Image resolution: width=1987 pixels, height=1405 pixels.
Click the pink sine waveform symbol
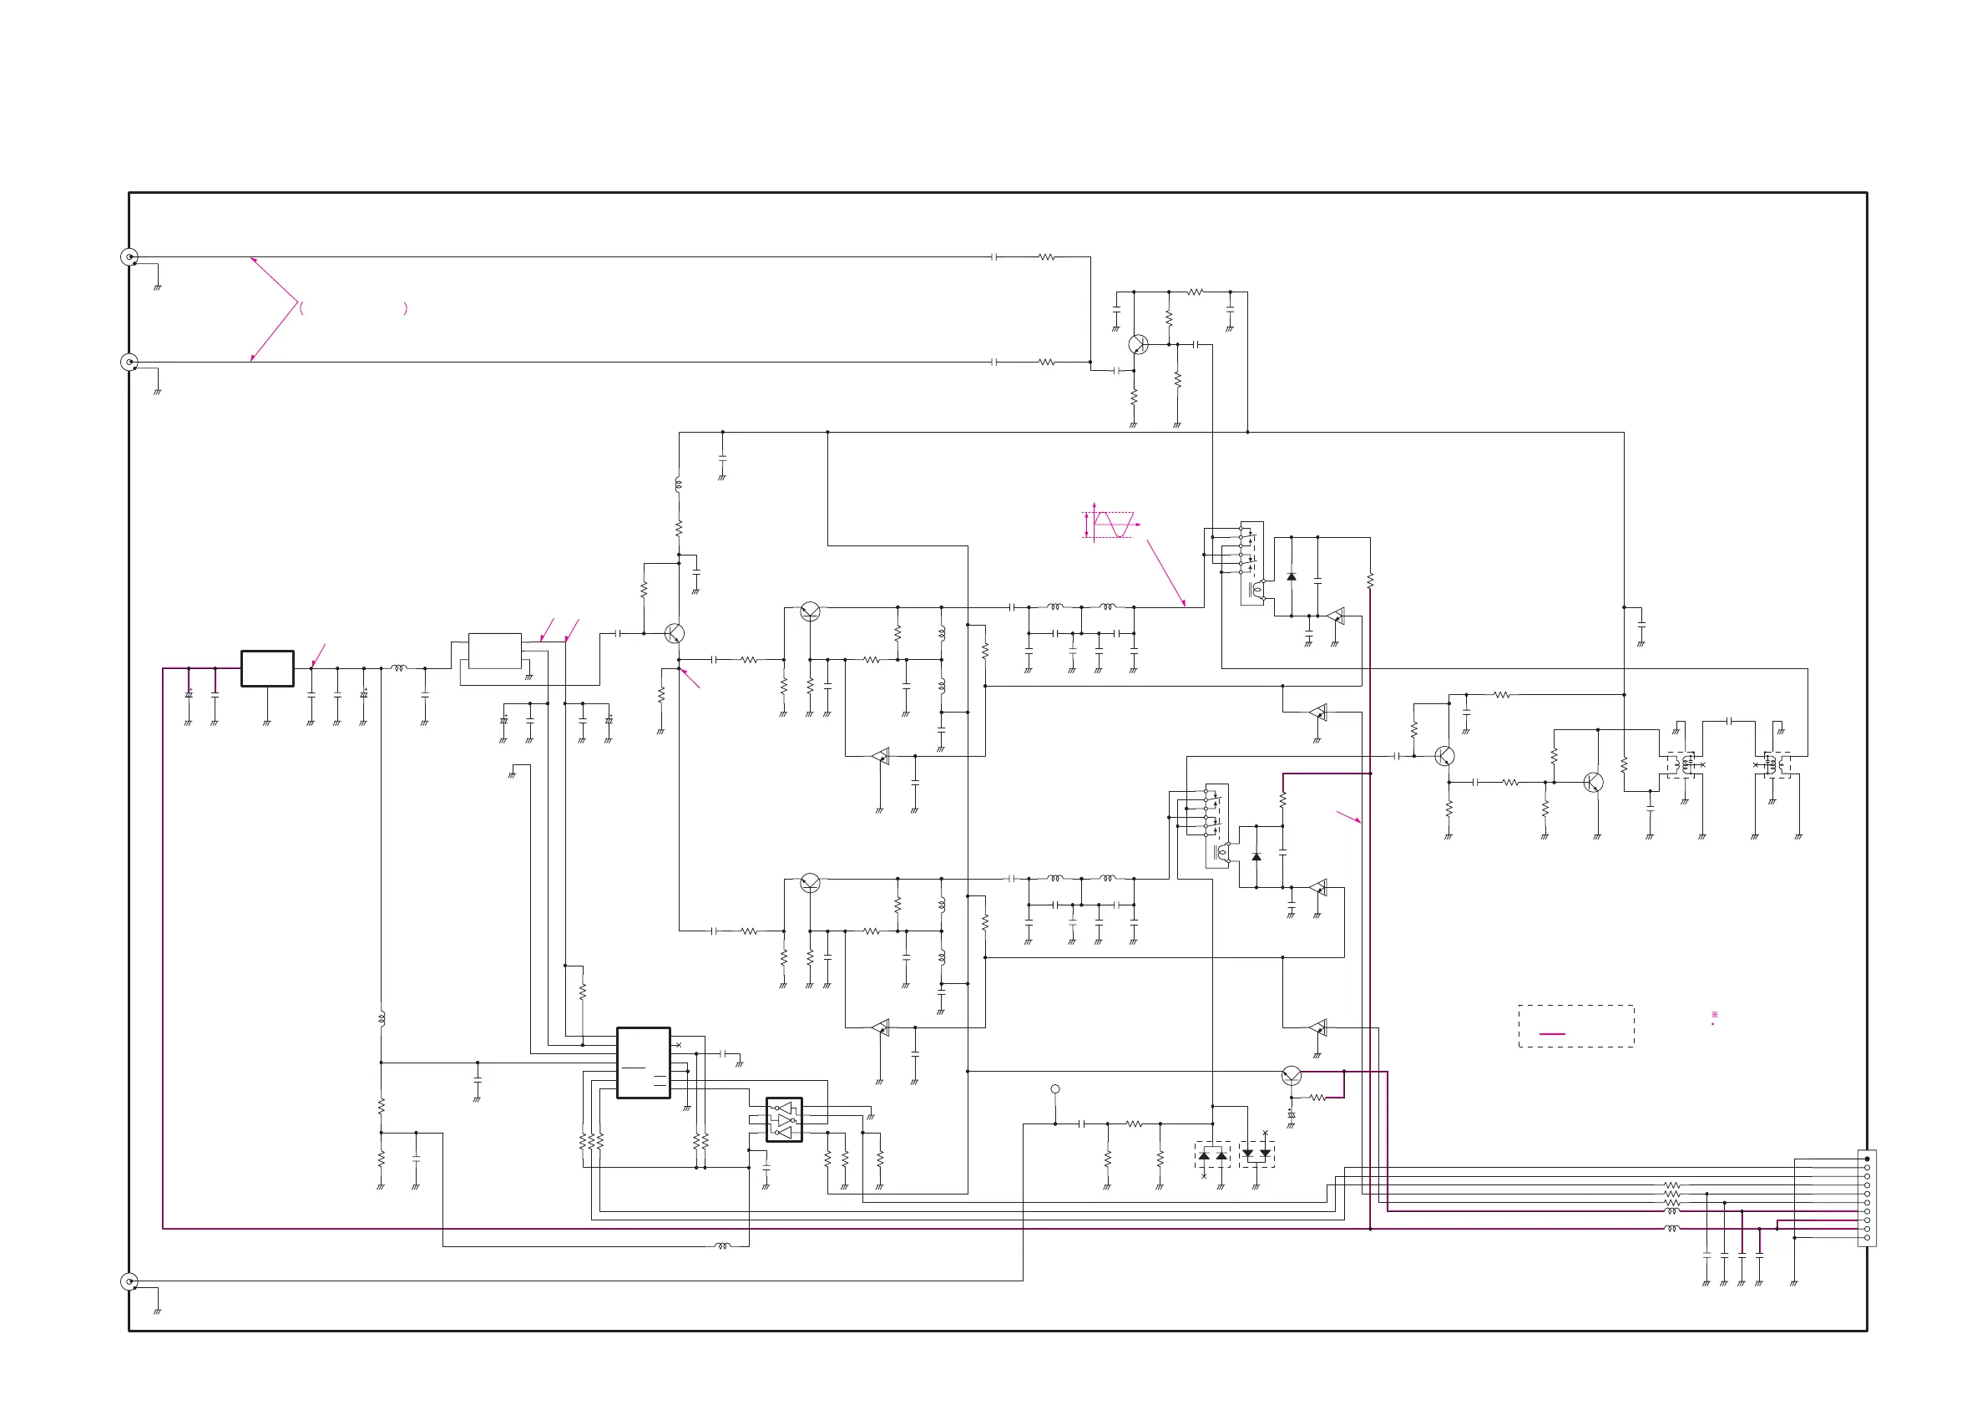point(1113,525)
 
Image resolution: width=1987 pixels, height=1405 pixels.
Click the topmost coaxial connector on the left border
point(129,256)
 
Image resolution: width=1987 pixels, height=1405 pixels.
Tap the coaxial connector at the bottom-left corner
point(129,1281)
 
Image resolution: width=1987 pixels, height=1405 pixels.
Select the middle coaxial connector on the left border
point(129,362)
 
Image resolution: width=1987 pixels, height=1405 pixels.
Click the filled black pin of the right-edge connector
point(1867,1159)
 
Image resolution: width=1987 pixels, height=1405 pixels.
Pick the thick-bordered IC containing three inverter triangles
point(784,1120)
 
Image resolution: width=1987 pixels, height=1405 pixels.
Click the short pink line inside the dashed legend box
point(1553,1033)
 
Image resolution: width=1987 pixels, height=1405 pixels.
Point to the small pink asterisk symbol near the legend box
point(1714,1015)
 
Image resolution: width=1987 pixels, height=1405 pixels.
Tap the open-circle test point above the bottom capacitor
point(1055,1089)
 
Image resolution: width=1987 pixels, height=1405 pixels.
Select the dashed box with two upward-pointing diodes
point(1212,1154)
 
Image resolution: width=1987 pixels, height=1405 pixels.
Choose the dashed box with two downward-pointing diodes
point(1256,1154)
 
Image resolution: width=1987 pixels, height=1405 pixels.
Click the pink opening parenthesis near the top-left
point(301,308)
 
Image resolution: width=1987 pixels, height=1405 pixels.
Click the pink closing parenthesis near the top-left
point(405,308)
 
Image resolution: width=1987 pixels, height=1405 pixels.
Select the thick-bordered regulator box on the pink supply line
point(267,668)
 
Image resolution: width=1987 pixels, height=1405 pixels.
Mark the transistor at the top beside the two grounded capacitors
point(1138,344)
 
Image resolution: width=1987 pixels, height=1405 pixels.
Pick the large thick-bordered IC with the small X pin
point(643,1063)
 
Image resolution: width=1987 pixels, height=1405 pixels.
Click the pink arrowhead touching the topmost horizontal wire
point(253,259)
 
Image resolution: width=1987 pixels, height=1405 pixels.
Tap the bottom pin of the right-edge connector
point(1867,1239)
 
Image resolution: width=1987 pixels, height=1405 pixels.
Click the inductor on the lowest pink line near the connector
point(1671,1229)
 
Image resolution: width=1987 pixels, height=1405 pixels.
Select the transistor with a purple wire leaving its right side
point(1292,1075)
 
